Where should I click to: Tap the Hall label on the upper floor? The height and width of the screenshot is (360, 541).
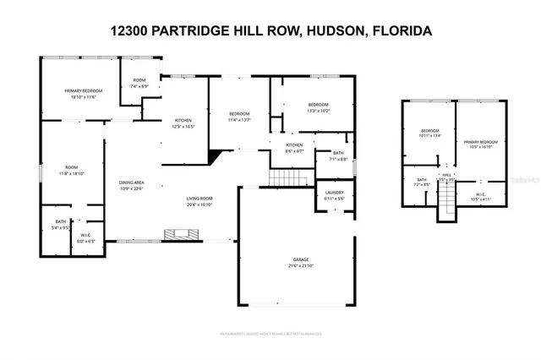pos(446,177)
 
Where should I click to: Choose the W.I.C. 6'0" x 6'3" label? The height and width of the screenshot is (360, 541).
pos(86,238)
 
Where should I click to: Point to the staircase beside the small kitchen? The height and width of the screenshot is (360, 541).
pos(286,178)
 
